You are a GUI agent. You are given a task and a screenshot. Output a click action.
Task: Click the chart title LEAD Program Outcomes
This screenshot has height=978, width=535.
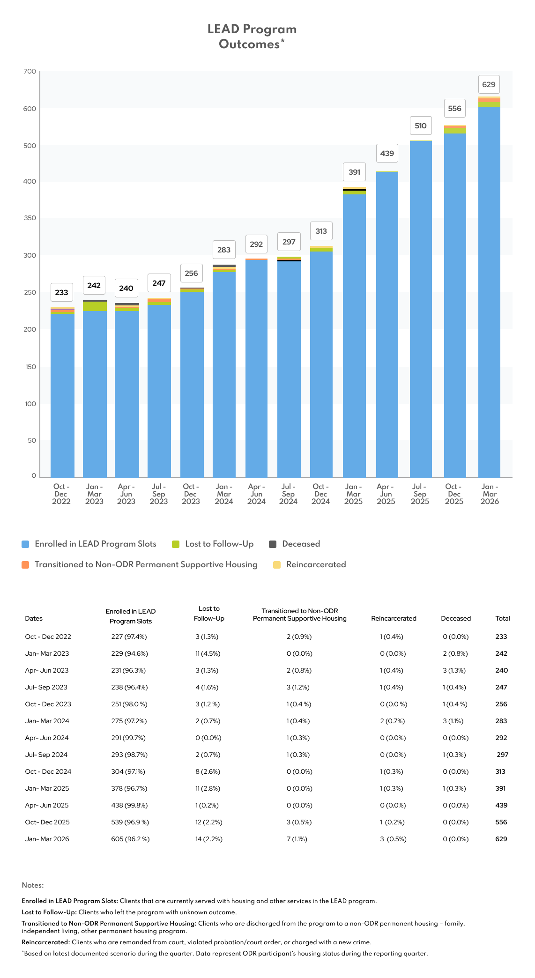[252, 36]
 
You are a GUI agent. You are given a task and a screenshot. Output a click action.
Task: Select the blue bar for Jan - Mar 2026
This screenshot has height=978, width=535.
[489, 292]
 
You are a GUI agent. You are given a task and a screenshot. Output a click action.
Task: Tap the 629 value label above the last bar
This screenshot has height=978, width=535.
[489, 84]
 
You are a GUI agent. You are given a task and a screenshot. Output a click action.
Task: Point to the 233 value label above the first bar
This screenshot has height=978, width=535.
[61, 292]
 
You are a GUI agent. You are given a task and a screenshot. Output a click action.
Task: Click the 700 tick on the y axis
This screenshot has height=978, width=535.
[30, 71]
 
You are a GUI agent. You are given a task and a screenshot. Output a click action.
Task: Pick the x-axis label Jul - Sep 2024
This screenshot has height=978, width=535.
[288, 494]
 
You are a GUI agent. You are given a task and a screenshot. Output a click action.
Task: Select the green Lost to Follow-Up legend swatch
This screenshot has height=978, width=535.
[176, 544]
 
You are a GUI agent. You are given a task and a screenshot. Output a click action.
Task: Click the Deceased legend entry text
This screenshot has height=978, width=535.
[301, 544]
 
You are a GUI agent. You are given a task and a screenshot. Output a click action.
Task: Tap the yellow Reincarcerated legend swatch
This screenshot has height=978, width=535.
[277, 564]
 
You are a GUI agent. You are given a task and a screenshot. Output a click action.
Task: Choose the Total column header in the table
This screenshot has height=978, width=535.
[503, 618]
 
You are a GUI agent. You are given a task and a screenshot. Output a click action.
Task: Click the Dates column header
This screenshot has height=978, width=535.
[34, 618]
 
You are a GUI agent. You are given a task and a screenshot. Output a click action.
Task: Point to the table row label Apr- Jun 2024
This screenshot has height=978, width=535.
[47, 738]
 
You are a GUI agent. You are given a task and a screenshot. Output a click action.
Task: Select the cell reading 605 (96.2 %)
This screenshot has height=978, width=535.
[130, 839]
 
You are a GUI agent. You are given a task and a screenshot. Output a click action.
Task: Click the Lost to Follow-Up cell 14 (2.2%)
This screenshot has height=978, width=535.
[209, 839]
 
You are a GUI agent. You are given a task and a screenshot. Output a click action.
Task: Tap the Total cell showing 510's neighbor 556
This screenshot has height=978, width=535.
[501, 822]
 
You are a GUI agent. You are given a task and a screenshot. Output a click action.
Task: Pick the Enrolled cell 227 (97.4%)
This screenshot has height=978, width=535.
[129, 637]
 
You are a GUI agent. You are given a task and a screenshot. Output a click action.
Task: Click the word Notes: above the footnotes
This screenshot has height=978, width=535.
[33, 885]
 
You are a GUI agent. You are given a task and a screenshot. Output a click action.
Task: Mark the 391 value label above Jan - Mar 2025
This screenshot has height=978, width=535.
[355, 172]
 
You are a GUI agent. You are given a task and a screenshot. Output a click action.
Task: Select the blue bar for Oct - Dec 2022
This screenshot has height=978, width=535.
[62, 395]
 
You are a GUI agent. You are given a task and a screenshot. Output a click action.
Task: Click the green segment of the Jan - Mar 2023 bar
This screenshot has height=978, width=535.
[95, 306]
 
